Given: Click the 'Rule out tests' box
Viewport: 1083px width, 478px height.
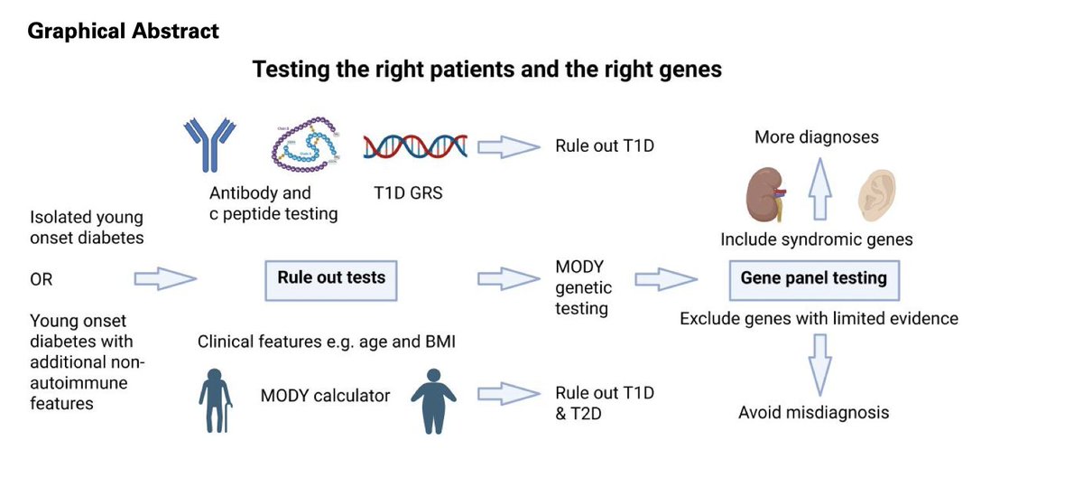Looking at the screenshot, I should (330, 277).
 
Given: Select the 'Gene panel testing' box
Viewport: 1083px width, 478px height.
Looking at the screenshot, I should (813, 278).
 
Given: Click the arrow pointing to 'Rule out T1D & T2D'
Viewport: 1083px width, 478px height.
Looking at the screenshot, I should (505, 394).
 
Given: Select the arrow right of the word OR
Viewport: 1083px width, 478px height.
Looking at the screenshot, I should (164, 279).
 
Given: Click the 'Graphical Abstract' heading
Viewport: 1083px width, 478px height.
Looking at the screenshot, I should (123, 32).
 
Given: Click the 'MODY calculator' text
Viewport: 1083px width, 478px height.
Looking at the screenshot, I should (312, 395).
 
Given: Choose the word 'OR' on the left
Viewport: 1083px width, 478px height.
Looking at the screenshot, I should (42, 280).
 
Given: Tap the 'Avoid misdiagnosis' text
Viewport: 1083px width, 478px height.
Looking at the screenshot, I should (813, 412).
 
